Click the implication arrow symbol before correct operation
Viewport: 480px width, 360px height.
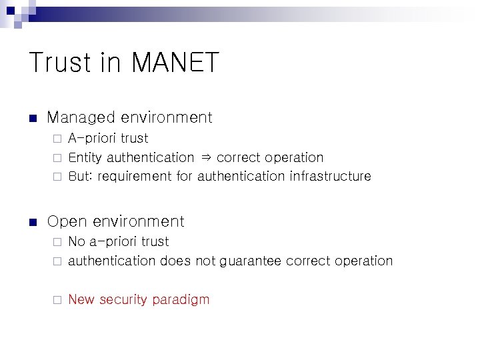tap(205, 158)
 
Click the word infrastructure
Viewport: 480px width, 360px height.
tap(330, 177)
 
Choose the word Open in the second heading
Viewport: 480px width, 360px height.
tap(67, 221)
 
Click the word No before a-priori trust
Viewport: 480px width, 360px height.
tap(77, 241)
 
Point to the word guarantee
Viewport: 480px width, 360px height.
tap(248, 261)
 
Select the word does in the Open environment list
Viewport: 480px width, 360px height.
tap(175, 261)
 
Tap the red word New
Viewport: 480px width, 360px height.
tap(81, 299)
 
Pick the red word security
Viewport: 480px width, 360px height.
tap(124, 300)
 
